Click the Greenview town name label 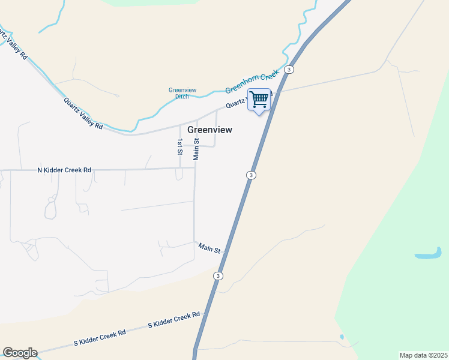pyautogui.click(x=209, y=130)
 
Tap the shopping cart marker pyautogui.click(x=259, y=99)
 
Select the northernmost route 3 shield pyautogui.click(x=289, y=70)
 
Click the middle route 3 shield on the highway pyautogui.click(x=251, y=175)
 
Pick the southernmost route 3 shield pyautogui.click(x=218, y=275)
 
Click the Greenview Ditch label pyautogui.click(x=178, y=93)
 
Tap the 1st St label pyautogui.click(x=179, y=147)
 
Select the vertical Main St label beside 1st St pyautogui.click(x=196, y=149)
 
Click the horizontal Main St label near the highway pyautogui.click(x=210, y=248)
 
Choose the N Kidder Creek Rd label pyautogui.click(x=64, y=170)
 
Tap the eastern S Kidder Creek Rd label pyautogui.click(x=174, y=320)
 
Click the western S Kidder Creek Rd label pyautogui.click(x=100, y=338)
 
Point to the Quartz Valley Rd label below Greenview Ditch pyautogui.click(x=83, y=113)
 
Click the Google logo pyautogui.click(x=20, y=353)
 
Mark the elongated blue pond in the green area pyautogui.click(x=429, y=255)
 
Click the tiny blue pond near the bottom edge pyautogui.click(x=342, y=337)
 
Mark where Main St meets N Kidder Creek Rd pyautogui.click(x=195, y=168)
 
